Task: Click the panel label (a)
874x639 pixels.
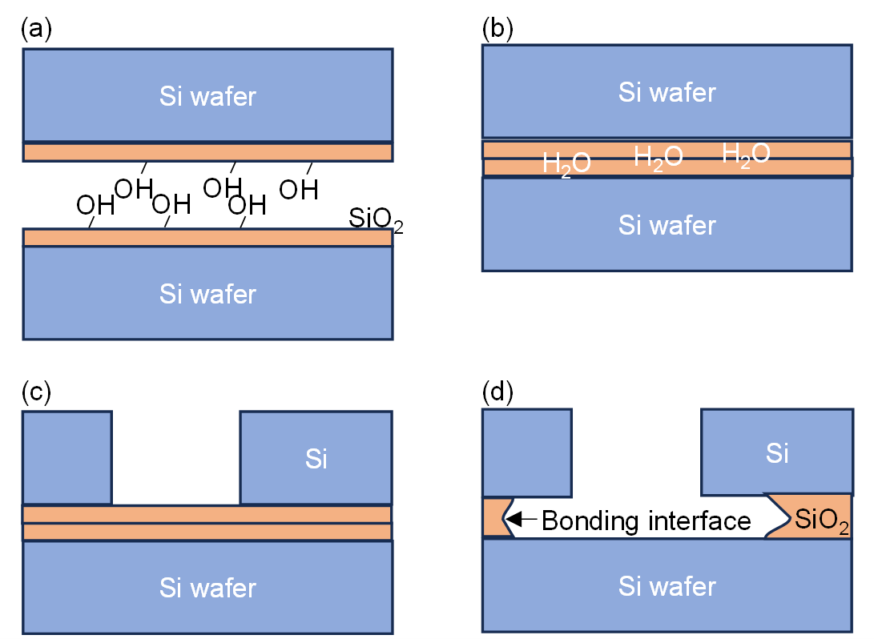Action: (36, 29)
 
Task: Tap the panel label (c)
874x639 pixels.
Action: (36, 392)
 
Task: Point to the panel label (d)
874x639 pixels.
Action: (497, 392)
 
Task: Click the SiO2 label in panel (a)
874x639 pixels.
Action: (376, 219)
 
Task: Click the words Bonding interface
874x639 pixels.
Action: (646, 521)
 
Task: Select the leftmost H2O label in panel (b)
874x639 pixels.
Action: (567, 163)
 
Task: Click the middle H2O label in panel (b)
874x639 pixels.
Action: (659, 156)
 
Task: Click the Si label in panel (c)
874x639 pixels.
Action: (316, 460)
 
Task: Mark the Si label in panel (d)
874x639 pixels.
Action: (777, 453)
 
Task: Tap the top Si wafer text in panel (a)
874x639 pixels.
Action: (207, 97)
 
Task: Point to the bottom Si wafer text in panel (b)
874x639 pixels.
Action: (667, 226)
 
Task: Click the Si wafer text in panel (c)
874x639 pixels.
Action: (207, 589)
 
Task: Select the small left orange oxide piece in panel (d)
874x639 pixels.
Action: (493, 517)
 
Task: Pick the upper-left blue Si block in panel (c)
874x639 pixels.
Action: (67, 458)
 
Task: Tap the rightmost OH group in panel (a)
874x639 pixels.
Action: (299, 190)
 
